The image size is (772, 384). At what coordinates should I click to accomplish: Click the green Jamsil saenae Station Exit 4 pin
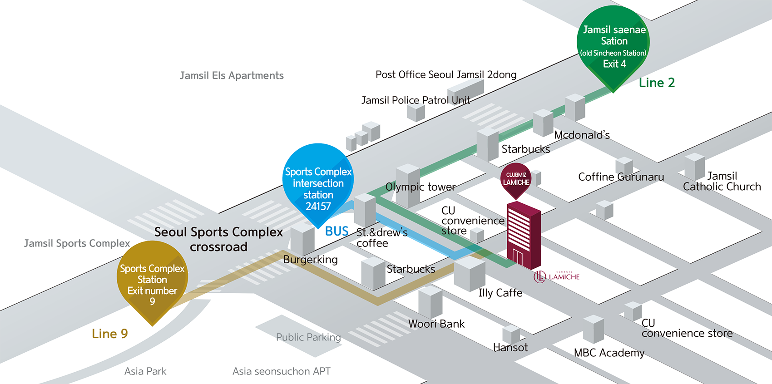pos(614,45)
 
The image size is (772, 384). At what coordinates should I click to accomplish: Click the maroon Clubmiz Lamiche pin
pos(516,179)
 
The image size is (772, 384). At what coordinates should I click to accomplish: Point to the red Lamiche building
pos(523,236)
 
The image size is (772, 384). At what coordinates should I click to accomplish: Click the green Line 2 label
pos(657,83)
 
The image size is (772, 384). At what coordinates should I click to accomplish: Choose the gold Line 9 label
pos(110,334)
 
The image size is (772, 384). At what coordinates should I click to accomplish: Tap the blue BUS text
pos(337,231)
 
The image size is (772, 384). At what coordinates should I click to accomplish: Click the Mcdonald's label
pos(582,135)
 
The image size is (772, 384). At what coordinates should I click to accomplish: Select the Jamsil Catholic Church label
pos(722,181)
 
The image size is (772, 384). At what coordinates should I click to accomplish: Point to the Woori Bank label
pos(436,324)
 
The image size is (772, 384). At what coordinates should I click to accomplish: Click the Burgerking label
pos(310,260)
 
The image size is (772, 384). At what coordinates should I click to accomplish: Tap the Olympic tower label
pos(421,187)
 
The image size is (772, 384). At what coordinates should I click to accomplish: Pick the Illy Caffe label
pos(500,293)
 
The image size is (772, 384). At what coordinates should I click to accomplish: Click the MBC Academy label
pos(609,353)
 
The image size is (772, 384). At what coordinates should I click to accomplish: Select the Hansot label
pos(510,347)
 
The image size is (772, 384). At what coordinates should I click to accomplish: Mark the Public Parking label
pos(308,337)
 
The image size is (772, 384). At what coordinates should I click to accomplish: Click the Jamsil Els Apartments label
pos(232,75)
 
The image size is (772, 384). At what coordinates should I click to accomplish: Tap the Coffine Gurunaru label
pos(621,177)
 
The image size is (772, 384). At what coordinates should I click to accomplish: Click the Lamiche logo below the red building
pos(557,276)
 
